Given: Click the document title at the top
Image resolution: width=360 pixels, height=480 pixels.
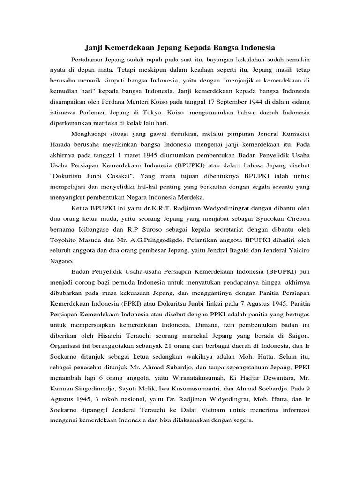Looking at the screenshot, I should pos(180,47).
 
